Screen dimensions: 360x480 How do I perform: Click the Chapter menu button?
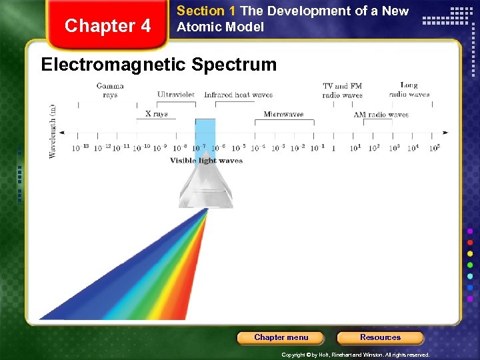281,337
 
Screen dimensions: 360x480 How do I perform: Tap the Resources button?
380,337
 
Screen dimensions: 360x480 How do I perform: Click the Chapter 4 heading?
108,26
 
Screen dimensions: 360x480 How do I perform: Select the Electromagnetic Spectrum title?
159,65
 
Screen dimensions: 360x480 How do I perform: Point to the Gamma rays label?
110,90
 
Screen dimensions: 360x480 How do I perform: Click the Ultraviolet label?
176,95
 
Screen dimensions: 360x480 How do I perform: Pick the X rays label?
157,114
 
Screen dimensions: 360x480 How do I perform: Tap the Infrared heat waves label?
238,95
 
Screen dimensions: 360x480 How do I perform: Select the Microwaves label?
283,114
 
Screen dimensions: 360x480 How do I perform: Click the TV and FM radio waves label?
342,90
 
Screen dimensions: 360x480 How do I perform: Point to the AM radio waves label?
381,115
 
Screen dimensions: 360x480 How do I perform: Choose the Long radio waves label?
409,89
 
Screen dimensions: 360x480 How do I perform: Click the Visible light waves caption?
206,161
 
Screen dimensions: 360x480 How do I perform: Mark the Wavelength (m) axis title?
53,131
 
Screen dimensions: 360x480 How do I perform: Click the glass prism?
205,187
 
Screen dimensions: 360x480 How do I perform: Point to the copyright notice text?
355,355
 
